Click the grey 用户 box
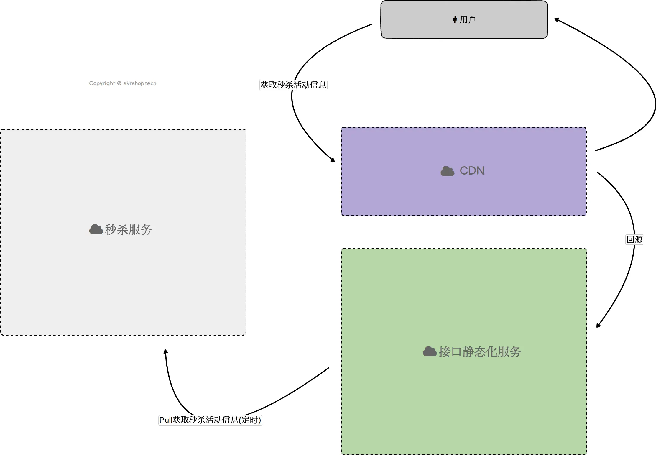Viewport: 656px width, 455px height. click(464, 19)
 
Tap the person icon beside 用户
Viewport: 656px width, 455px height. click(455, 20)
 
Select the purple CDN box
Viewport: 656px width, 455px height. click(464, 171)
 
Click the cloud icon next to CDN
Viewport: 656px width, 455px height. click(448, 171)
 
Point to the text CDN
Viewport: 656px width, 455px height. click(472, 171)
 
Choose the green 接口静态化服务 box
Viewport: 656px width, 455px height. click(464, 351)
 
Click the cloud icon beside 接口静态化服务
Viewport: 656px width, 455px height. click(430, 351)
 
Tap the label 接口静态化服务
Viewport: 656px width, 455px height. click(480, 352)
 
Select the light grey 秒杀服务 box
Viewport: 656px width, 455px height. click(123, 232)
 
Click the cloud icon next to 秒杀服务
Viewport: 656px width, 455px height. click(96, 229)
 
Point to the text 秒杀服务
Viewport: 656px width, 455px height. click(129, 230)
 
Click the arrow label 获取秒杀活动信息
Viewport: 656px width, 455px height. click(293, 85)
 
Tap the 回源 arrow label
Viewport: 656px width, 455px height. click(634, 239)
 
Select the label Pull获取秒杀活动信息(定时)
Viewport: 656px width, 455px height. click(210, 420)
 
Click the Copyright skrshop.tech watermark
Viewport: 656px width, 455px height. click(123, 83)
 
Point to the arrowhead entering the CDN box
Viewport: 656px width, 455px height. click(333, 160)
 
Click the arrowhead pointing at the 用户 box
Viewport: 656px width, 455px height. click(557, 20)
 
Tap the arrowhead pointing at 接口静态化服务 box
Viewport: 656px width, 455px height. click(598, 325)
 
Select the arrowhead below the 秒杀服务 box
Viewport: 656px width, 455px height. click(166, 351)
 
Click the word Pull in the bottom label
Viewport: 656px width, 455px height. click(166, 420)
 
